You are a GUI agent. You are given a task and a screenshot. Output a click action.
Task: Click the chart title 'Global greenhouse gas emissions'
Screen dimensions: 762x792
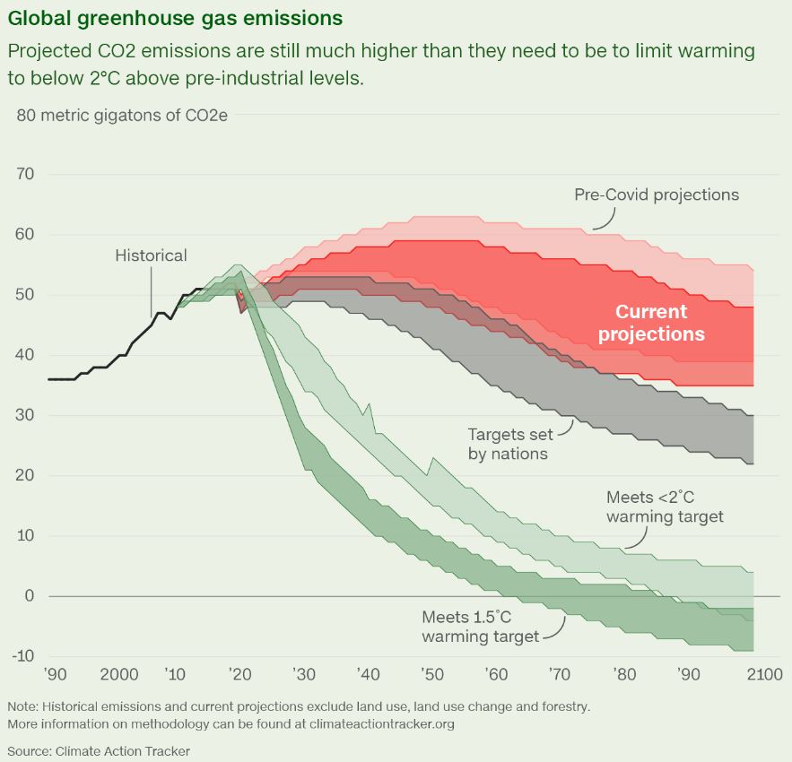click(x=175, y=18)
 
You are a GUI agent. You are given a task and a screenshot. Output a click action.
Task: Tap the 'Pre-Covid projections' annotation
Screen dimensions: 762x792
click(x=657, y=195)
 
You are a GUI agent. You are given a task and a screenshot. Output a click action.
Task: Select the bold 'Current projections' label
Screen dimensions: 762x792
click(x=651, y=323)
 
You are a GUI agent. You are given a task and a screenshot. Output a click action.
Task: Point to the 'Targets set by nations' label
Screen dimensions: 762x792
click(x=508, y=444)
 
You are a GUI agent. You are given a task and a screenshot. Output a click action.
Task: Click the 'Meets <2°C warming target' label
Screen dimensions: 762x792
click(x=665, y=507)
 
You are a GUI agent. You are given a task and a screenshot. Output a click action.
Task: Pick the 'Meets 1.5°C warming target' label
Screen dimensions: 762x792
click(x=480, y=627)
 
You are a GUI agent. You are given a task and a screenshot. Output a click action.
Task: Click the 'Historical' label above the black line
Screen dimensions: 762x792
click(x=151, y=255)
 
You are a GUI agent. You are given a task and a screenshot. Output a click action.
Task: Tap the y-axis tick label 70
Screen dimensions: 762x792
click(x=25, y=174)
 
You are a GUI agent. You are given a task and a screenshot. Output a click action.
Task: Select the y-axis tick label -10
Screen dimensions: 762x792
click(x=22, y=656)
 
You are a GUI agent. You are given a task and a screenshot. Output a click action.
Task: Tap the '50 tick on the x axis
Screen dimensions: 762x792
click(x=431, y=674)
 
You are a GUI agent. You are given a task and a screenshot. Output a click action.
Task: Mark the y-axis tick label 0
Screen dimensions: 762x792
click(x=30, y=596)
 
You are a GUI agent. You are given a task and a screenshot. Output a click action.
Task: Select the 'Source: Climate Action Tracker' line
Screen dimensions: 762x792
click(x=99, y=750)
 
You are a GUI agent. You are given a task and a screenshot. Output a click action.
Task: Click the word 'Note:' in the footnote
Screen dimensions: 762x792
click(x=25, y=706)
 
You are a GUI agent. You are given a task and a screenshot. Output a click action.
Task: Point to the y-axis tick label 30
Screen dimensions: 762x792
click(x=25, y=415)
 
